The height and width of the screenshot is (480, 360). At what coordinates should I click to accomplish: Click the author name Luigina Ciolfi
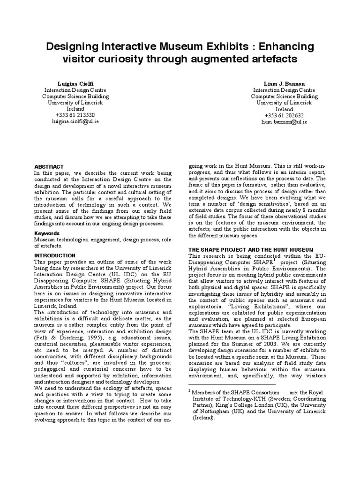pos(75,83)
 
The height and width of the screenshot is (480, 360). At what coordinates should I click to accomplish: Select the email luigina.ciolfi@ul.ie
pos(75,121)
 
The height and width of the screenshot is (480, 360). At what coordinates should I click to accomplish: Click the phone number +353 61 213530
pos(75,115)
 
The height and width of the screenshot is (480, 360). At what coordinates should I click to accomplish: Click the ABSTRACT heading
pos(49,166)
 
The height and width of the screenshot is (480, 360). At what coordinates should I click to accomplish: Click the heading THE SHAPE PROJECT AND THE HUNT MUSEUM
pos(250,249)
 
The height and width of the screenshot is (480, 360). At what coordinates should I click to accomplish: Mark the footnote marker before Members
pos(189,390)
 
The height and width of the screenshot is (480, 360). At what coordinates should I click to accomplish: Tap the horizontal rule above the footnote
pos(225,384)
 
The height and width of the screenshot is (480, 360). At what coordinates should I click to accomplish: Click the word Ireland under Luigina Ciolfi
pos(75,109)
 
